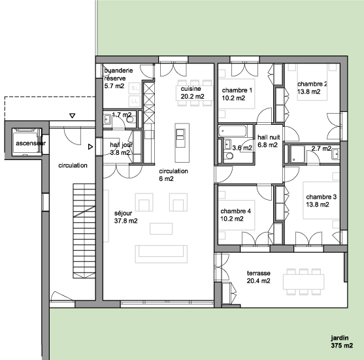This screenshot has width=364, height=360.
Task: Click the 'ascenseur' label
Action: click(31, 143)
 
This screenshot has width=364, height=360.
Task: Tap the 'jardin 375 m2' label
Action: click(342, 342)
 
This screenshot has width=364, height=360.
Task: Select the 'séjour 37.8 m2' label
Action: click(125, 217)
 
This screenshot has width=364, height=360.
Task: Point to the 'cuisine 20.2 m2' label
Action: click(192, 92)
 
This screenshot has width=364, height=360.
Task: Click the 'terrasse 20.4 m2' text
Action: click(258, 277)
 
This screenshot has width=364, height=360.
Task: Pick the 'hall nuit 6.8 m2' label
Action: click(269, 141)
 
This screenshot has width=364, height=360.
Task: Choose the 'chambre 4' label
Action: click(236, 211)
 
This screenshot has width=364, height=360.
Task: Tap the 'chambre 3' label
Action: click(322, 197)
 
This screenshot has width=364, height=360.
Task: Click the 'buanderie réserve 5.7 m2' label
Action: click(118, 78)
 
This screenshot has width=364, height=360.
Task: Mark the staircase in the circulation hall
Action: click(84, 231)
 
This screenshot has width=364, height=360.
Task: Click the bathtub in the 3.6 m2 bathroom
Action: click(233, 131)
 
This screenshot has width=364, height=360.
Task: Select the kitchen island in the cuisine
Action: click(182, 142)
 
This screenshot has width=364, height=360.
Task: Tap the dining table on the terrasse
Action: click(303, 282)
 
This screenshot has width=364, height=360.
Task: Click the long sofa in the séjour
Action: click(161, 254)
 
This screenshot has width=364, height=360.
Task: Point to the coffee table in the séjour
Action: click(161, 229)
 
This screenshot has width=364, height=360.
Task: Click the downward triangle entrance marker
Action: click(73, 116)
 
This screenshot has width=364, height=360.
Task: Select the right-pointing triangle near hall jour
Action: click(91, 147)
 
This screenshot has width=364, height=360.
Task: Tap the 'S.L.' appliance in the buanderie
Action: click(135, 88)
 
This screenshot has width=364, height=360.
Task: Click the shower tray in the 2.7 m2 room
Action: click(297, 154)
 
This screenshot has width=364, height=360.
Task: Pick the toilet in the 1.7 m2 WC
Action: click(130, 120)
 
